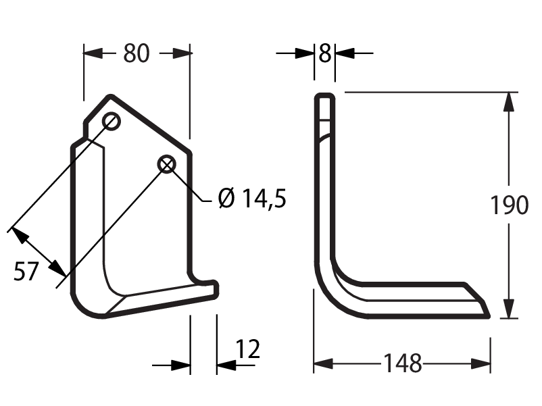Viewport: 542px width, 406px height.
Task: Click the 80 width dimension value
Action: click(137, 53)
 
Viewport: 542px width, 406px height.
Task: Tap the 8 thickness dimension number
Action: click(324, 53)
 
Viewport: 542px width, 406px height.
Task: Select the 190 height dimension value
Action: click(510, 205)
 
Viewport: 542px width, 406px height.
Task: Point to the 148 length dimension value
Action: click(403, 363)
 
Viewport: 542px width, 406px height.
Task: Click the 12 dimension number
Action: click(247, 349)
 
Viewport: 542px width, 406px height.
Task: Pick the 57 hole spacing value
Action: click(25, 272)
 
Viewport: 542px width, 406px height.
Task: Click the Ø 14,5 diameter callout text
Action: click(252, 199)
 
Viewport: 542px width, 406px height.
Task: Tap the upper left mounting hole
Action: click(111, 122)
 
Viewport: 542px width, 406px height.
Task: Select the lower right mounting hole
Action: click(167, 164)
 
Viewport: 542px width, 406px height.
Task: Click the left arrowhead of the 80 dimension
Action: click(93, 53)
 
